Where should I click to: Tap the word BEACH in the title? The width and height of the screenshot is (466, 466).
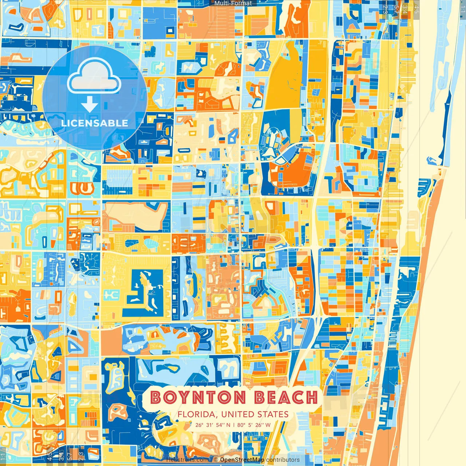click(x=286, y=398)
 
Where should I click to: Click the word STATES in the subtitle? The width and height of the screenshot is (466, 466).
click(x=273, y=414)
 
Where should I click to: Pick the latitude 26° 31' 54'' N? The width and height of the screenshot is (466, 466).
click(x=213, y=425)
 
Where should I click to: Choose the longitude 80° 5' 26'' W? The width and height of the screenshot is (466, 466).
click(x=254, y=425)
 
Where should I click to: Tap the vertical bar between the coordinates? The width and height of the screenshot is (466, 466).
click(x=234, y=425)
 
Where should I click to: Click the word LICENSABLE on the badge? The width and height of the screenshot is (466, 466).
click(x=95, y=123)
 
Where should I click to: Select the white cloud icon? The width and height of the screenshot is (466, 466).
click(x=94, y=76)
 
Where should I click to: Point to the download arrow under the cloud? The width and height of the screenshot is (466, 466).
click(x=90, y=105)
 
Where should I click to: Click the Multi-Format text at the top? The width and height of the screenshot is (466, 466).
click(x=233, y=3)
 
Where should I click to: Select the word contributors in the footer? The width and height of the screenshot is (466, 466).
click(x=283, y=460)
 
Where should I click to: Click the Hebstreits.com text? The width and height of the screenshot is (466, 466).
click(x=187, y=460)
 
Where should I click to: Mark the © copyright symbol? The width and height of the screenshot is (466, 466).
click(x=216, y=460)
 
